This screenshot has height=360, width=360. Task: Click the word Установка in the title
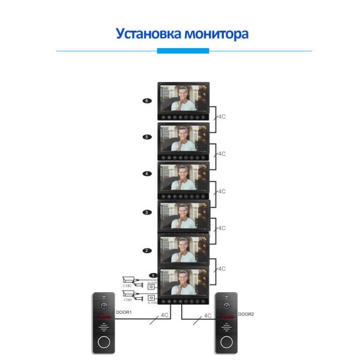point(147,32)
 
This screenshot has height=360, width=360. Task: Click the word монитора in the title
point(215,32)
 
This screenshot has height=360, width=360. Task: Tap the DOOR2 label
point(246,313)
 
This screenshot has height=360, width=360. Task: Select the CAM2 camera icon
point(128,280)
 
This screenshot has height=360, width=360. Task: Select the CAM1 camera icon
point(128,294)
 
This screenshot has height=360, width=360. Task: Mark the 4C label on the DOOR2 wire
point(208,314)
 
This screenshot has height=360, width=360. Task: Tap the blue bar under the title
point(182,51)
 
